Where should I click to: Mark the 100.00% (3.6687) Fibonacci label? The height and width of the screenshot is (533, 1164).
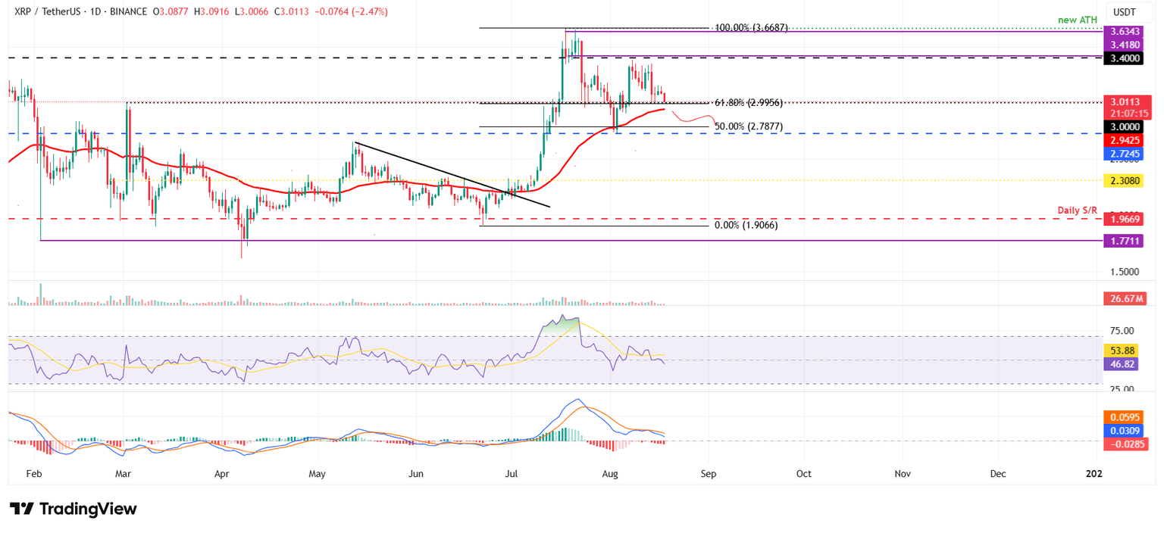click(x=752, y=28)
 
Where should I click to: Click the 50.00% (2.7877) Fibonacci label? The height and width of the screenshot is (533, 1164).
click(x=748, y=126)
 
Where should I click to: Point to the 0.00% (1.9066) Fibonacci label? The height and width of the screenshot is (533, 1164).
click(x=746, y=226)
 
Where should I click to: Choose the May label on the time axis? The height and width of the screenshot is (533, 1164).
click(x=317, y=474)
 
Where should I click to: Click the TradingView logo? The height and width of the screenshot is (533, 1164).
click(x=73, y=509)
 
